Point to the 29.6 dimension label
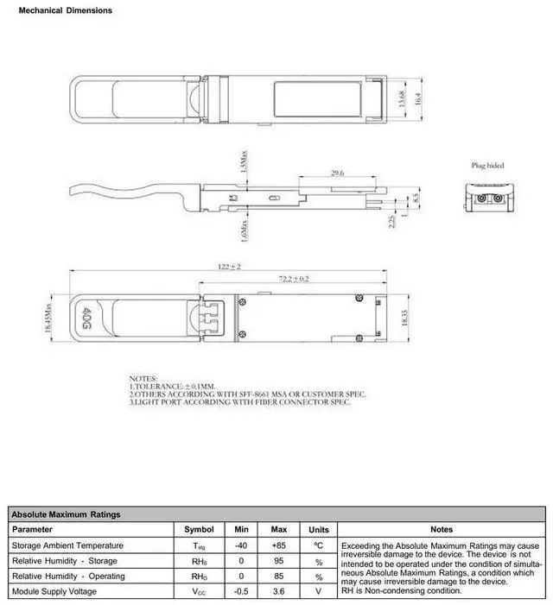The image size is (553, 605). pos(338,173)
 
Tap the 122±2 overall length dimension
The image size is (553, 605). pos(229,267)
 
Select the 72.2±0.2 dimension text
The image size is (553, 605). pos(294,279)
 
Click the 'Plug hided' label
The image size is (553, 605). pos(487,165)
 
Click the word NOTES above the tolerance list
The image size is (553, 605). pos(143,379)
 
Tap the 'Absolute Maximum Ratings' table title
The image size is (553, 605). pos(66,514)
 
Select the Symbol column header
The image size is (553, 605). pos(198,529)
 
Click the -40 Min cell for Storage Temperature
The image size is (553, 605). pos(241,545)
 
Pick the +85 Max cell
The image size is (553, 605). pos(279,545)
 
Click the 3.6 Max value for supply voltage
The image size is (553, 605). pos(279,591)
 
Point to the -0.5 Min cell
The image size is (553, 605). pos(241,591)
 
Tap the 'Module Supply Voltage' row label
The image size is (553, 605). pos(54,591)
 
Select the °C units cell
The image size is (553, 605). pos(318,545)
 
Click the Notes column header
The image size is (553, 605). pos(441,529)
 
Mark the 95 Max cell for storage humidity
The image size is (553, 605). pos(279,561)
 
